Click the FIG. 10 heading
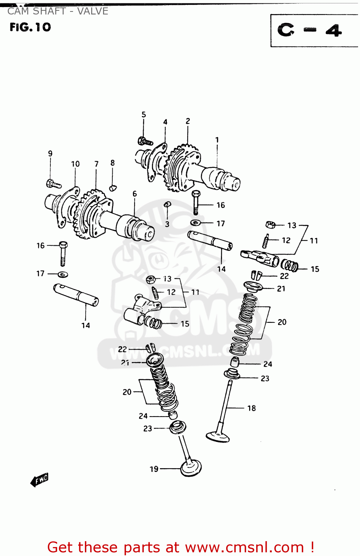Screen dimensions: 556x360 (30, 27)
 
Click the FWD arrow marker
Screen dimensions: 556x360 (39, 480)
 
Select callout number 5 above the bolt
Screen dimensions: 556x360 (144, 115)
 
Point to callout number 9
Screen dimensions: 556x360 (50, 153)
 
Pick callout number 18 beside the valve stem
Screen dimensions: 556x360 (251, 408)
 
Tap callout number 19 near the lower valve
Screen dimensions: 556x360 (154, 469)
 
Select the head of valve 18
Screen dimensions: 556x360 (218, 436)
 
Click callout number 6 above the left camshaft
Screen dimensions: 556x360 (135, 194)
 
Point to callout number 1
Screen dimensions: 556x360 (217, 140)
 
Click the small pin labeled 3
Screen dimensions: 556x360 (167, 204)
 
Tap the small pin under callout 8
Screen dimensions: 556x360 (113, 188)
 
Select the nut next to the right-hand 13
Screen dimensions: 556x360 (271, 224)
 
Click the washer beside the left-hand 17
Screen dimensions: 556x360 (63, 275)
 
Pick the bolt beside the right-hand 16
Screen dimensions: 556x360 (196, 202)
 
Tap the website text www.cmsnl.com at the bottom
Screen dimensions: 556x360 (244, 547)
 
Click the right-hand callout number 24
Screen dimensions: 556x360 (268, 364)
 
